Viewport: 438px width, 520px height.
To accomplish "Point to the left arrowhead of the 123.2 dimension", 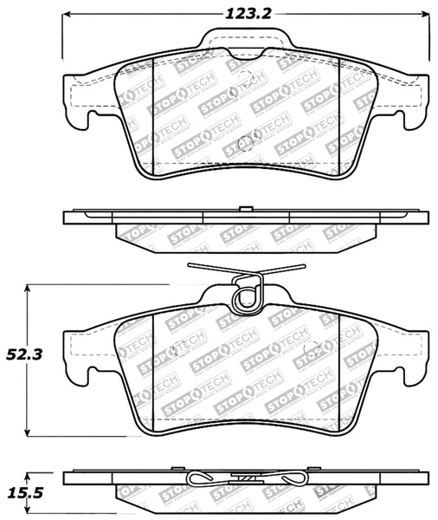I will coord(64,16).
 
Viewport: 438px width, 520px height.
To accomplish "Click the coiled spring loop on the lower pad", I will coord(247,298).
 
